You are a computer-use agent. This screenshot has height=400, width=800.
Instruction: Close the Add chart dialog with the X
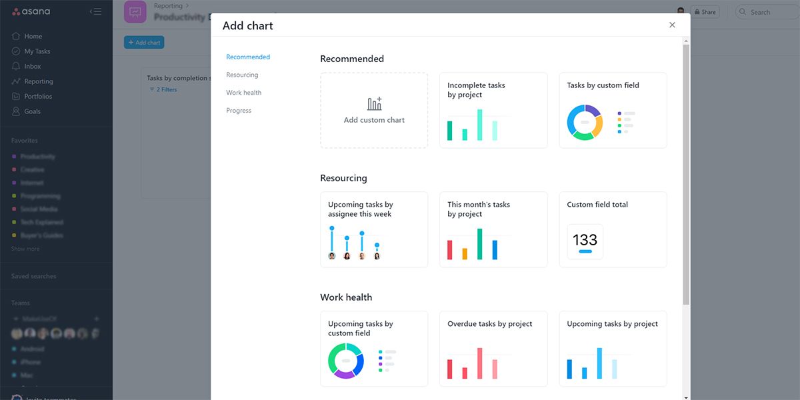coord(672,25)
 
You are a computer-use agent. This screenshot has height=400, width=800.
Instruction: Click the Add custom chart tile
coord(374,111)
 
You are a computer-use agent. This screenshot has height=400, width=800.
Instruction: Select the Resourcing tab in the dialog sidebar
coord(242,75)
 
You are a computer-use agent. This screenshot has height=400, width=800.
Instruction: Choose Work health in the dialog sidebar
coord(243,93)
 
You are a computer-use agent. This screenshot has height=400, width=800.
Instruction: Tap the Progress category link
coord(239,111)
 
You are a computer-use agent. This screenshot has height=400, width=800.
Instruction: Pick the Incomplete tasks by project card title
coord(476,90)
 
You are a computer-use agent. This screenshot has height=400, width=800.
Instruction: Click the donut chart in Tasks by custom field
coord(585,123)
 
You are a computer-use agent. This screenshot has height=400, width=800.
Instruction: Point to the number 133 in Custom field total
coord(585,239)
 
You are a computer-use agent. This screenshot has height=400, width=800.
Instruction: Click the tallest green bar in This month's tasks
coord(479,244)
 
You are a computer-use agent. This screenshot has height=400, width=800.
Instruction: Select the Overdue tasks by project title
coord(489,324)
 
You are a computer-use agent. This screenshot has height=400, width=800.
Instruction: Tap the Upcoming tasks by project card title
coord(612,324)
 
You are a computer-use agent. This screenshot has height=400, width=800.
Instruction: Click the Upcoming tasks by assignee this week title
coord(360,209)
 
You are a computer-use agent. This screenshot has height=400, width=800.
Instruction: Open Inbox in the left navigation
coord(33,67)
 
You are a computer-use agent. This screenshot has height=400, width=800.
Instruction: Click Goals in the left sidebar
coord(32,111)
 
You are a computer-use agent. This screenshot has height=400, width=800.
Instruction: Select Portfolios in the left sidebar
coord(38,97)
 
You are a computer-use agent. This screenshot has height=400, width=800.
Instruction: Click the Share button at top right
coord(705,12)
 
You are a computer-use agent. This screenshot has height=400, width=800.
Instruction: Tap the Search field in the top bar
coord(767,12)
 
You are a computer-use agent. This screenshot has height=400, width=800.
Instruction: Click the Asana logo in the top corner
coord(31,12)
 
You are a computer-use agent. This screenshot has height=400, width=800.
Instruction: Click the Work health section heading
coord(346,297)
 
